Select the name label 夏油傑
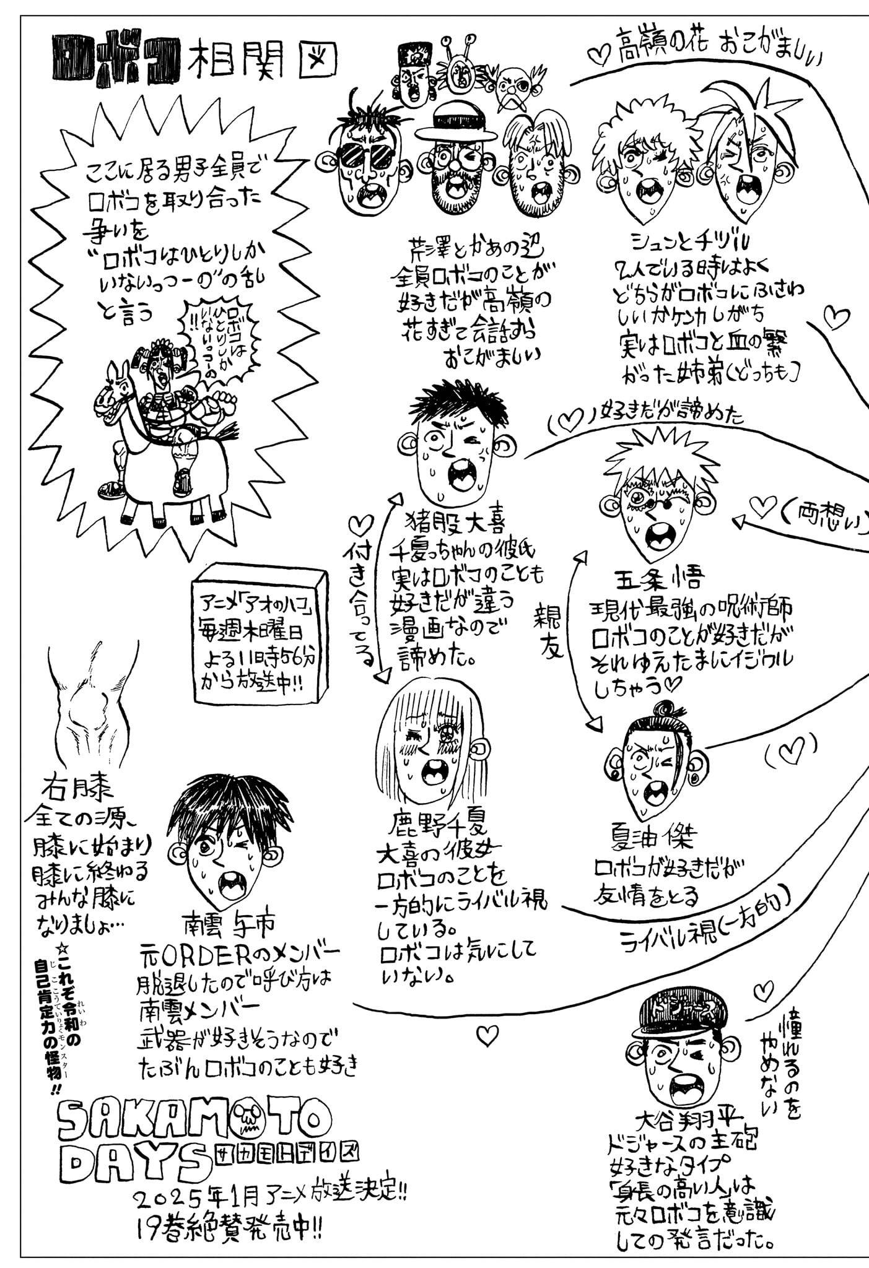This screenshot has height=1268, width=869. click(x=644, y=838)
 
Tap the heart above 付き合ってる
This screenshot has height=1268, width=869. click(x=359, y=526)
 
